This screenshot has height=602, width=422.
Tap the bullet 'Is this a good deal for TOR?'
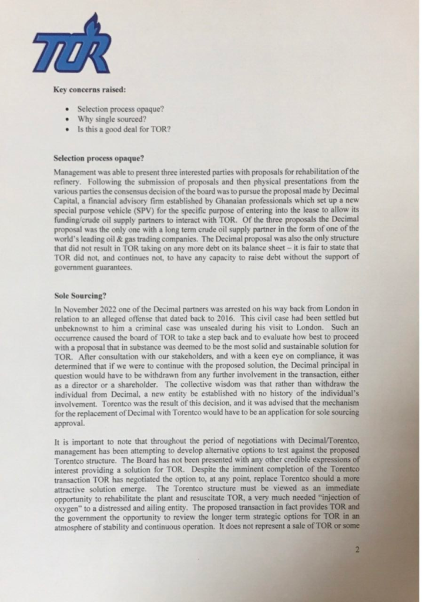pos(124,128)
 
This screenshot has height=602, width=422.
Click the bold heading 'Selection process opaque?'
pos(98,159)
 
